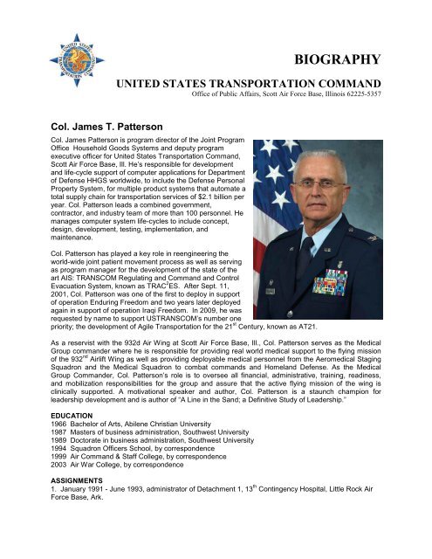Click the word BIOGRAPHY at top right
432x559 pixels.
point(336,59)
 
